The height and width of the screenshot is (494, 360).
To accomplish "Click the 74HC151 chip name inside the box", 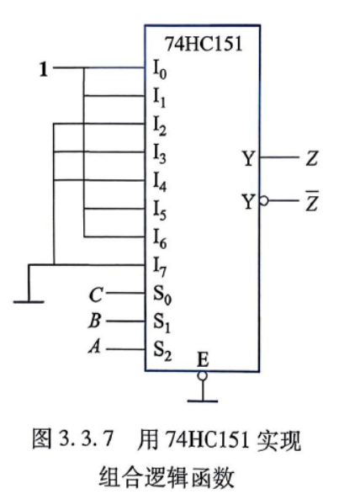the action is pyautogui.click(x=204, y=44).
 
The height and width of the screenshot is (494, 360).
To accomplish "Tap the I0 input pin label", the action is pyautogui.click(x=160, y=69).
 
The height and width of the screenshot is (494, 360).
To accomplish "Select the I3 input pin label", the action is pyautogui.click(x=159, y=154).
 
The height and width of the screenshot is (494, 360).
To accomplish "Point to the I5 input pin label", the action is pyautogui.click(x=159, y=210).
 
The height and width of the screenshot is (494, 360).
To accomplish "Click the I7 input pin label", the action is pyautogui.click(x=159, y=267).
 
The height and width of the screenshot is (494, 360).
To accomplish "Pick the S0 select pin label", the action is pyautogui.click(x=162, y=295).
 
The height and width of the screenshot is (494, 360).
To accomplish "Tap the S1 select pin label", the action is pyautogui.click(x=161, y=323).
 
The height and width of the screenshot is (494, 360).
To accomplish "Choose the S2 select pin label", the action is pyautogui.click(x=162, y=351).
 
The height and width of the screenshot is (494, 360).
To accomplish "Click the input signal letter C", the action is pyautogui.click(x=96, y=295).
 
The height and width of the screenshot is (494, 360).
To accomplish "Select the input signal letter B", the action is pyautogui.click(x=95, y=321).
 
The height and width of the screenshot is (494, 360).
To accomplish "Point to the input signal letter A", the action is pyautogui.click(x=95, y=347).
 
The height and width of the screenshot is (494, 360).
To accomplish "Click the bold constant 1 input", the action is pyautogui.click(x=44, y=69).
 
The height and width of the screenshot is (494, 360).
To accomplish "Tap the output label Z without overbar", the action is pyautogui.click(x=312, y=158).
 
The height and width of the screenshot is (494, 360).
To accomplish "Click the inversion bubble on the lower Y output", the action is pyautogui.click(x=264, y=200).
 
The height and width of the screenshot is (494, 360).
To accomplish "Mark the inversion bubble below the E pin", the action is pyautogui.click(x=202, y=376).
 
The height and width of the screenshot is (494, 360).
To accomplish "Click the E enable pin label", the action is pyautogui.click(x=203, y=360).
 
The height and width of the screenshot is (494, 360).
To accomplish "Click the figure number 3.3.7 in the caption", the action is pyautogui.click(x=86, y=438).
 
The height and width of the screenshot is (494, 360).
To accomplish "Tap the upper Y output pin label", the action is pyautogui.click(x=248, y=158).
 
